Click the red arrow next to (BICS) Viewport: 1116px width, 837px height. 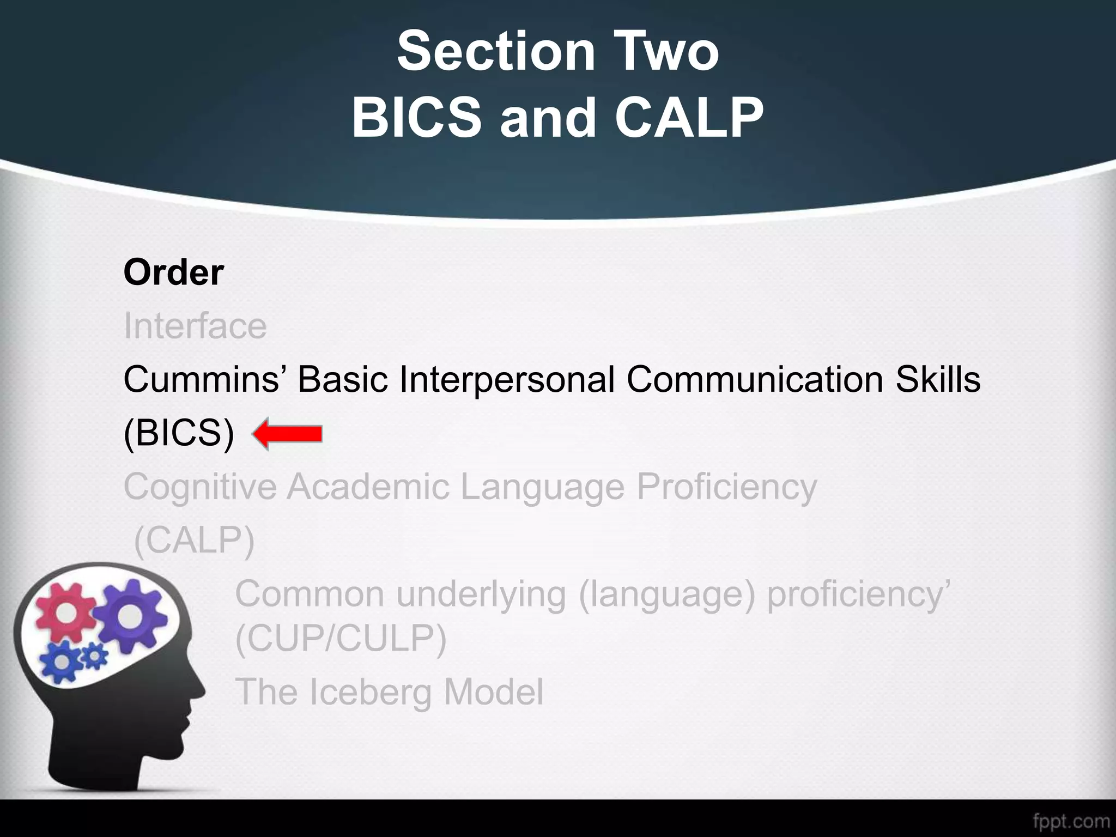coord(287,434)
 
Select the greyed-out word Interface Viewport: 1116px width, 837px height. coord(195,326)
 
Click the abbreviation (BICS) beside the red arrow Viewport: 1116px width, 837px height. coord(179,434)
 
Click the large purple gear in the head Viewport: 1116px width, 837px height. coord(129,615)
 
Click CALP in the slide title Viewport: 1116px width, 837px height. coord(689,118)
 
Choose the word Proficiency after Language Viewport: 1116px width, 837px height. coord(727,487)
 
